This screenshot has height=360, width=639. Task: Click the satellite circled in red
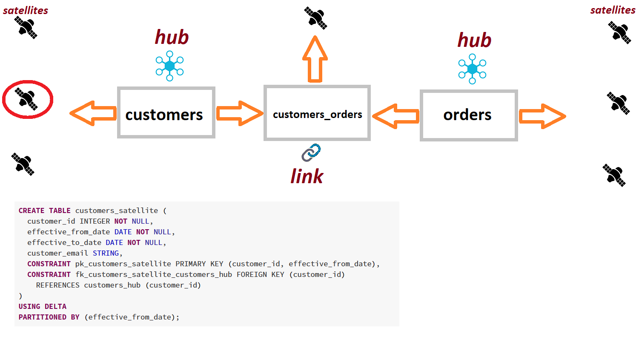click(x=27, y=99)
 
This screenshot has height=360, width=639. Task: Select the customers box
click(x=166, y=113)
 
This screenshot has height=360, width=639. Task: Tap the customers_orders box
click(x=317, y=113)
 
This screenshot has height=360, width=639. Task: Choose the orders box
click(x=469, y=115)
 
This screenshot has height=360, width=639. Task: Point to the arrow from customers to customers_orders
click(x=239, y=113)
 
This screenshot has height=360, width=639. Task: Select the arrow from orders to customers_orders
click(x=395, y=116)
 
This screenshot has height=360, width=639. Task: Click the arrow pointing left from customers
click(x=93, y=113)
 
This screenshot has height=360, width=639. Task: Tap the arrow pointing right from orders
click(x=542, y=116)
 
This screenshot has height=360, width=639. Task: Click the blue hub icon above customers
click(x=169, y=66)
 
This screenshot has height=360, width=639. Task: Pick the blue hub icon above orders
click(x=472, y=69)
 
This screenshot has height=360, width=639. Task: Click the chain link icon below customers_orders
click(x=311, y=153)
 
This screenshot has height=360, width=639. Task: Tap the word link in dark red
click(x=307, y=176)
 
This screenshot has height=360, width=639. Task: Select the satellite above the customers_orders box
click(x=315, y=18)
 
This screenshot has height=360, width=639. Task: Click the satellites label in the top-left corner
click(x=26, y=11)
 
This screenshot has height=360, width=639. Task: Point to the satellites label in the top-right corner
click(x=613, y=10)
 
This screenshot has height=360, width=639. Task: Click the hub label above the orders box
click(x=474, y=40)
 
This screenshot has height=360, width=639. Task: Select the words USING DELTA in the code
click(x=43, y=307)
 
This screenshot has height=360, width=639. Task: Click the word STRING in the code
click(x=106, y=253)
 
